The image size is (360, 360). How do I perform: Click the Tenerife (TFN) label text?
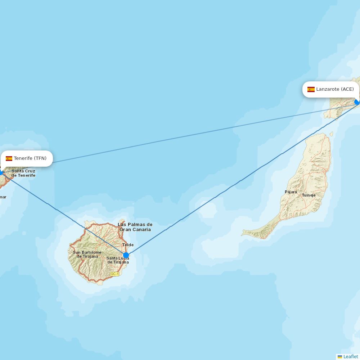[30, 158]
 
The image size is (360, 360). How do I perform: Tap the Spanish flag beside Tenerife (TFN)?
[9, 158]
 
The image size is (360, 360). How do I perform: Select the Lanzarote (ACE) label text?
[335, 89]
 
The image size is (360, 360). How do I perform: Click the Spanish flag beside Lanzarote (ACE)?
[311, 89]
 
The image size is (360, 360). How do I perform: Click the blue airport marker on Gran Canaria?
[126, 255]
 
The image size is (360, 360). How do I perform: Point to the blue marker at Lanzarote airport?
[357, 102]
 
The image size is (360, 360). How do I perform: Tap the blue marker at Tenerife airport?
[1, 173]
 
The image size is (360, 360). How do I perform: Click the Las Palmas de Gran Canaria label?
[135, 227]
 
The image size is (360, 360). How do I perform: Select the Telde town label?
[128, 245]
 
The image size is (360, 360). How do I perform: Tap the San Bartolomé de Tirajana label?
[87, 255]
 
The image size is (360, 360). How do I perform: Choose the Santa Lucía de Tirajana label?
[117, 260]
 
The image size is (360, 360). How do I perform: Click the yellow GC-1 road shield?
[114, 274]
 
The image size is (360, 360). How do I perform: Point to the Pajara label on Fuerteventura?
[291, 192]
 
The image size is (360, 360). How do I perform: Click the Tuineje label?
[309, 195]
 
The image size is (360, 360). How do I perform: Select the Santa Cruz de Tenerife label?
[23, 173]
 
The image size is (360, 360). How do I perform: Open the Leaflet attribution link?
[351, 356]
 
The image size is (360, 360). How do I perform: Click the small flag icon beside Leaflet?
[339, 356]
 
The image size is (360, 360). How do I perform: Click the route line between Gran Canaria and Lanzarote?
[230, 187]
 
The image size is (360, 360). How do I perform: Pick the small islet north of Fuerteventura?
[332, 134]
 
